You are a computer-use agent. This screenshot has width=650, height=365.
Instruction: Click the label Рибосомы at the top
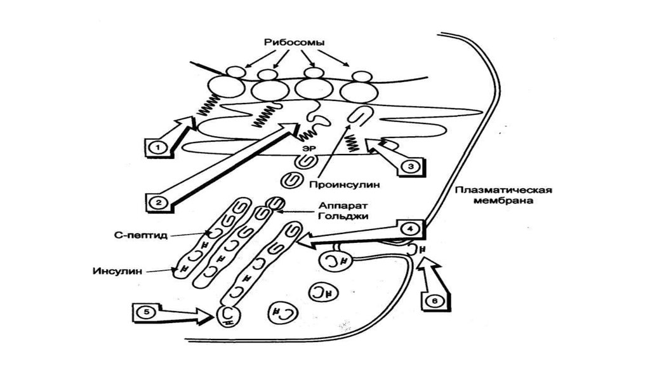point(295,43)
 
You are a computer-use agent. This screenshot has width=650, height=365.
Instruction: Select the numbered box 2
point(156,202)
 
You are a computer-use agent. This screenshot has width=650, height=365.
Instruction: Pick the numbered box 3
point(410,165)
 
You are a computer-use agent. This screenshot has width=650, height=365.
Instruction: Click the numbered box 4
point(409,227)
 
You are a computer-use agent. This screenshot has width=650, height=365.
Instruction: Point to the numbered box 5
point(146,312)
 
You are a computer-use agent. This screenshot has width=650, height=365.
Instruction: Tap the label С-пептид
point(145,235)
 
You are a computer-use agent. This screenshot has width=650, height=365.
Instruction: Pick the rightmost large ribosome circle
point(355,92)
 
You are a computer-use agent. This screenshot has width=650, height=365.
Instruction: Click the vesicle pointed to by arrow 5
point(230,315)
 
